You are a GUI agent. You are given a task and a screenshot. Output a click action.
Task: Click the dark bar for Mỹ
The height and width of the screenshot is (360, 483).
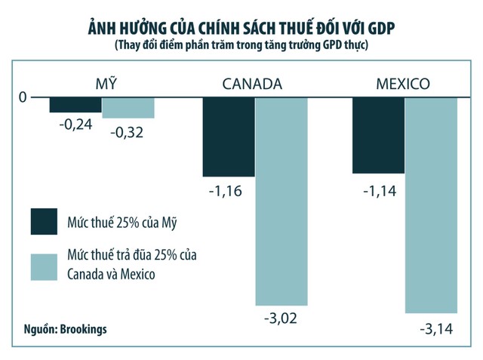(x=75, y=105)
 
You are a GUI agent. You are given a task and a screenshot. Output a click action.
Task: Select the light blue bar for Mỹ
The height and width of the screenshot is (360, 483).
(x=128, y=108)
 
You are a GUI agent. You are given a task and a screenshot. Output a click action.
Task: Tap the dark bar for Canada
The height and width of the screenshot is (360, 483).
(x=229, y=137)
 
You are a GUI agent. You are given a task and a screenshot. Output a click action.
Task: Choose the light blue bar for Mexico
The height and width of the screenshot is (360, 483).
(x=432, y=205)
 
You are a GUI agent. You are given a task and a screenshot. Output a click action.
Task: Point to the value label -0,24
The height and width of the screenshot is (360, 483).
(x=75, y=125)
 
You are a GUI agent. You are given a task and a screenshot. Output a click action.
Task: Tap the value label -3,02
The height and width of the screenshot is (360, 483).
(x=280, y=318)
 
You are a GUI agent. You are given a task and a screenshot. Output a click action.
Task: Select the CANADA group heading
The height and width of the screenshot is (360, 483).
(x=252, y=84)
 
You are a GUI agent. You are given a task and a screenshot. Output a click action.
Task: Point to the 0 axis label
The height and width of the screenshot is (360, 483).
(x=23, y=97)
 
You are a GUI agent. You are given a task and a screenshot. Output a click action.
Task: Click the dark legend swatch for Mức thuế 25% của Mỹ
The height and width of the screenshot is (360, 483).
(x=45, y=222)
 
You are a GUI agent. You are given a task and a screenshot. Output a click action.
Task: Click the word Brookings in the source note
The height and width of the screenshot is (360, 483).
(x=85, y=329)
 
